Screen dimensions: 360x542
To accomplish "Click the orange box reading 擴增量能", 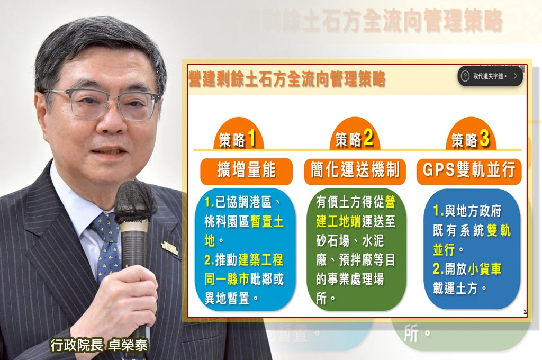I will click(x=246, y=170).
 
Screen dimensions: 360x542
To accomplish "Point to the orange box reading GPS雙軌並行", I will click(x=469, y=170).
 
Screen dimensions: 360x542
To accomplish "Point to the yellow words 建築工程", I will click(x=259, y=260).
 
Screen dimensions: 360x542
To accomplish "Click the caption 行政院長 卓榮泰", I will click(x=99, y=345).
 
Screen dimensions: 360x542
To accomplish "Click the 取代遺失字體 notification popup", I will click(x=490, y=76).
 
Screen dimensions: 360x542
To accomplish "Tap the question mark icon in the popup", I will click(x=465, y=76).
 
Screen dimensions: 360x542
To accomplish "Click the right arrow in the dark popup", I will click(x=515, y=76).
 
